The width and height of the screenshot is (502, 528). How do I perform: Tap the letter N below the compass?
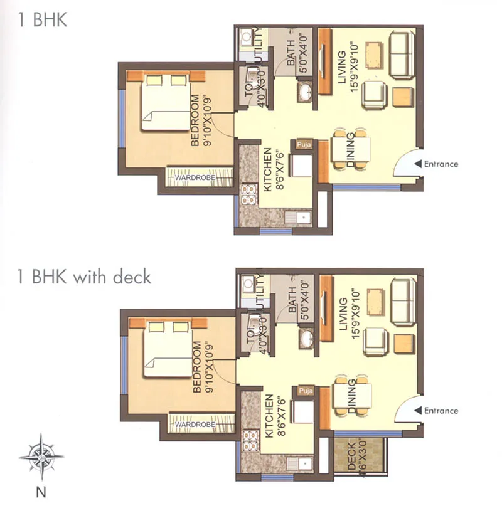tap(41, 492)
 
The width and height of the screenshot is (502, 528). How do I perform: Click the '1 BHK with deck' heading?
tap(84, 276)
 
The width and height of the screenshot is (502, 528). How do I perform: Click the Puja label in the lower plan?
tap(306, 391)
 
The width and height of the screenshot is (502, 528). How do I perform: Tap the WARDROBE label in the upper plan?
tap(195, 178)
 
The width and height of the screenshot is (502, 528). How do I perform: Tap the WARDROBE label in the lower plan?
tap(196, 425)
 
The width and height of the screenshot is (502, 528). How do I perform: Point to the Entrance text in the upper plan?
tap(441, 164)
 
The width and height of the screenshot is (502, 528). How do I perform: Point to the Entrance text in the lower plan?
tap(441, 411)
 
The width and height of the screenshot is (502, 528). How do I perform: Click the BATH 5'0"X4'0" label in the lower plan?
tap(296, 298)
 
